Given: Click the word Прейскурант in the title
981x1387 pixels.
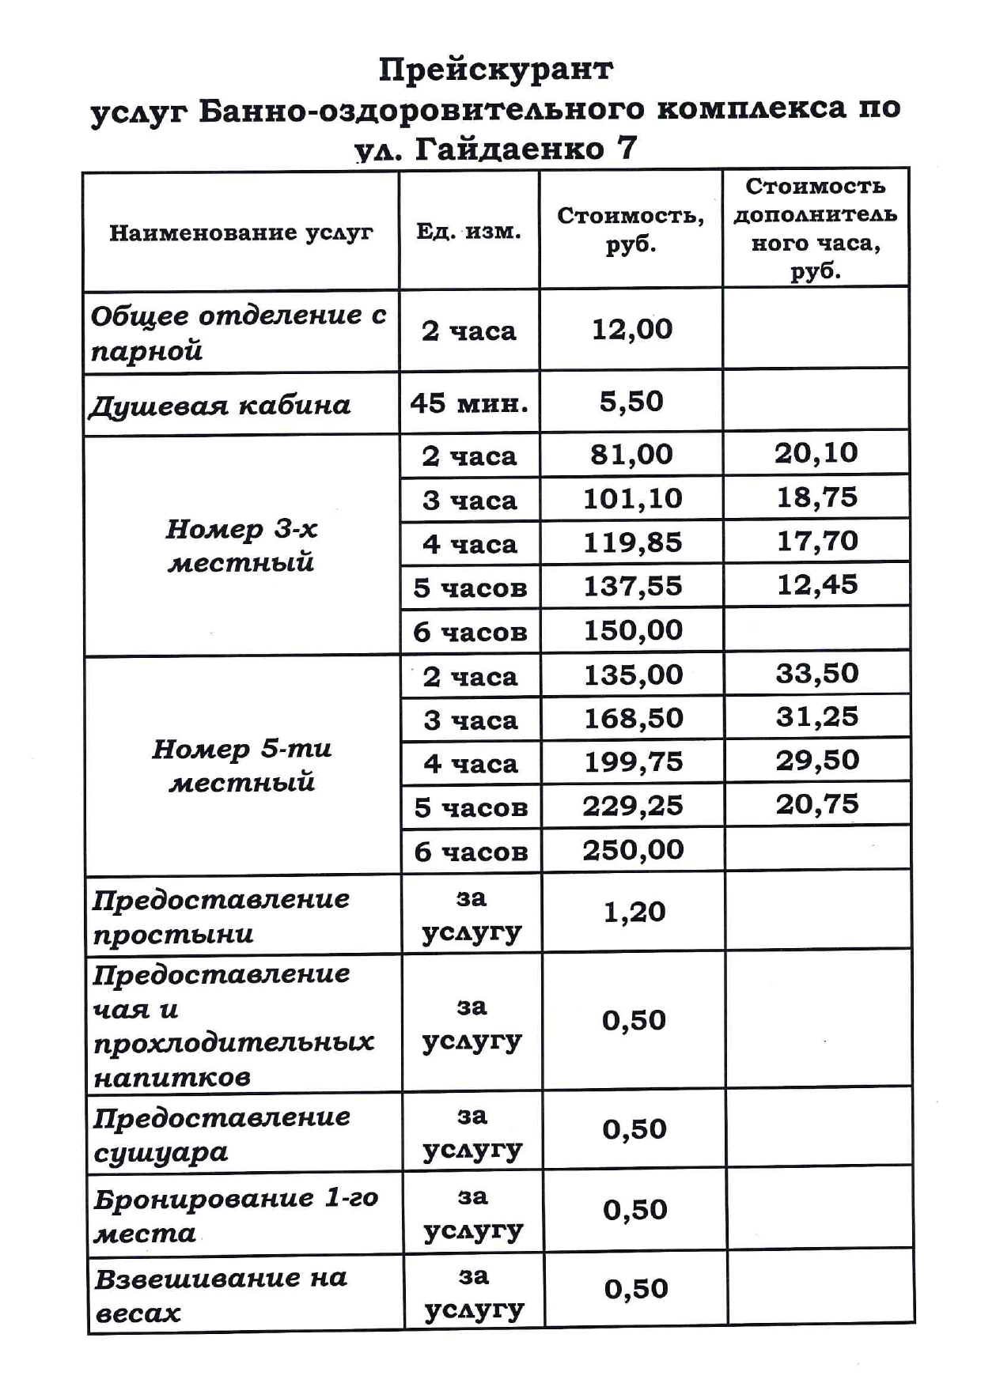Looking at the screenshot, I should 495,70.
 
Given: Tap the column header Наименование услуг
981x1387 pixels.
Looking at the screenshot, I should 241,232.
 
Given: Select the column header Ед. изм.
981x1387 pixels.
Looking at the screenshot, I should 468,232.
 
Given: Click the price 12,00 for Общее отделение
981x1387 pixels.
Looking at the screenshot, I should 632,329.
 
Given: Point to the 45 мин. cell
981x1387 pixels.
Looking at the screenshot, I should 469,403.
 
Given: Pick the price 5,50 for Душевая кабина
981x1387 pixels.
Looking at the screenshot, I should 631,402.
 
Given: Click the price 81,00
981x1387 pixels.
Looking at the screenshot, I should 631,455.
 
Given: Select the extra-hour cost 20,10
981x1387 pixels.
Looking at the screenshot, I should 816,453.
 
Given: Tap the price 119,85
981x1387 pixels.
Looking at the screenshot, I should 632,542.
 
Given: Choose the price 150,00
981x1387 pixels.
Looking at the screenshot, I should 633,630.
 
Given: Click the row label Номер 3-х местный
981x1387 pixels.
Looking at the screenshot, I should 241,545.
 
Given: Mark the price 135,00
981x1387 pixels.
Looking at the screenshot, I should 633,675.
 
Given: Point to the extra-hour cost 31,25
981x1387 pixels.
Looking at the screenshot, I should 816,716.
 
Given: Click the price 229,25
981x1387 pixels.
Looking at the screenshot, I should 633,806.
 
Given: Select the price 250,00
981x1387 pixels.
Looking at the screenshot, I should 633,850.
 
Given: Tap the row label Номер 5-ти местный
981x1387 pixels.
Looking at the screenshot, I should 241,765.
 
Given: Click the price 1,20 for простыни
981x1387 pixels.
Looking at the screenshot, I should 634,913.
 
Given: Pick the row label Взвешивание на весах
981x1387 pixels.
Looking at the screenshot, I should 220,1295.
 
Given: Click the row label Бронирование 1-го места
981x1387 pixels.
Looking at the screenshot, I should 235,1215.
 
